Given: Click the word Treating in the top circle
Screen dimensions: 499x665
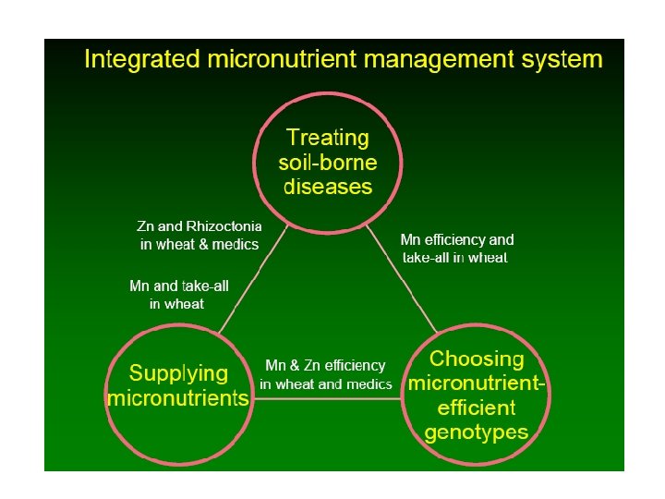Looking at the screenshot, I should [x=328, y=139].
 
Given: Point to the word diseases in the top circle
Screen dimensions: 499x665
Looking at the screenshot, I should [x=328, y=187].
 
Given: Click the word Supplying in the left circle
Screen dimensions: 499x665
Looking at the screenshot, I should [x=178, y=374].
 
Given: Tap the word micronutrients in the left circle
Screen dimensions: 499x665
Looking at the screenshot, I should [x=178, y=399].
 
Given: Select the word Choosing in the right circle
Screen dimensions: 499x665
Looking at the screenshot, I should [x=477, y=359].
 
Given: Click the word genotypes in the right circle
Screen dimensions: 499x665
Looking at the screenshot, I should [x=477, y=432].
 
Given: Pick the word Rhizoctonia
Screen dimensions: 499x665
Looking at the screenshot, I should [x=224, y=226].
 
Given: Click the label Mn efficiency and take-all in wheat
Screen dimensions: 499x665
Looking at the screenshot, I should [x=456, y=249].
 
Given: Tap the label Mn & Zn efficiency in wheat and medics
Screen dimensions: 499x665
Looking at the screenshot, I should [x=326, y=374].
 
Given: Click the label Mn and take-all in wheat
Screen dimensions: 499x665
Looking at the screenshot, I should [x=178, y=295].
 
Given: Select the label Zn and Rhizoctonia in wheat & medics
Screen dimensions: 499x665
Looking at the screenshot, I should [x=199, y=236].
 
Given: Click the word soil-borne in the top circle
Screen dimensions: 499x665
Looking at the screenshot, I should [x=328, y=163].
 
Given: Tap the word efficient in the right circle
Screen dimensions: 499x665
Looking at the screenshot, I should [x=477, y=408].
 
